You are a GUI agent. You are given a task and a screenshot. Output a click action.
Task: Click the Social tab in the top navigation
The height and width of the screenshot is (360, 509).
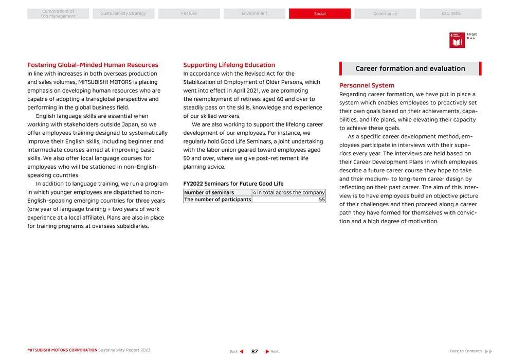click(x=319, y=14)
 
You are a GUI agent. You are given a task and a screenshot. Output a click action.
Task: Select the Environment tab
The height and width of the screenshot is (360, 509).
click(x=254, y=14)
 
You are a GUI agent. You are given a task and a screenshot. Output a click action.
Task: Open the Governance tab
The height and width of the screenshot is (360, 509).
click(x=385, y=14)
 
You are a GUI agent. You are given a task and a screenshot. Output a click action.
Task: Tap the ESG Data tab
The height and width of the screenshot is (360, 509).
click(x=450, y=14)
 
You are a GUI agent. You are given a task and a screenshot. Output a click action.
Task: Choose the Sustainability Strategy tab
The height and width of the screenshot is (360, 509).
click(x=123, y=14)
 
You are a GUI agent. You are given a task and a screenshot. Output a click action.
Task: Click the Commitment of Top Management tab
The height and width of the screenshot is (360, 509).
click(x=58, y=14)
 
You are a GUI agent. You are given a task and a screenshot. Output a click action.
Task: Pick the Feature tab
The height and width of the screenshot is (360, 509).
click(x=189, y=14)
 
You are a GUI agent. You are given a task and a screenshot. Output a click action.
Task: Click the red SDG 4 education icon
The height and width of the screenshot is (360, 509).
click(x=457, y=40)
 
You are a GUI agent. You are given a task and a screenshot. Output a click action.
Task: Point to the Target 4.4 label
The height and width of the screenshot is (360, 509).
click(x=471, y=36)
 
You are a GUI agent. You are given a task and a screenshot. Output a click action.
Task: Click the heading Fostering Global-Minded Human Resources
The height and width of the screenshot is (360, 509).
click(x=93, y=65)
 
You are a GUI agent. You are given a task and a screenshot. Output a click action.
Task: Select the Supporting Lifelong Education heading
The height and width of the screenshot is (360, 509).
click(x=229, y=65)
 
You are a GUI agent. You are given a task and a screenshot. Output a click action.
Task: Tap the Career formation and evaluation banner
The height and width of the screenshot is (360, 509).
click(x=410, y=68)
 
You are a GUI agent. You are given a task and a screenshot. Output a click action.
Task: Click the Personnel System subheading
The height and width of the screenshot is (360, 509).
click(x=367, y=85)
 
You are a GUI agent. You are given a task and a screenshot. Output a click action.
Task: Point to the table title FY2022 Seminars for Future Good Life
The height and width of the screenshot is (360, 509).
click(x=233, y=184)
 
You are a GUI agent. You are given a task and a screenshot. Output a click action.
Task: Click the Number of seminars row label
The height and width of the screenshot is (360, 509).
click(x=209, y=192)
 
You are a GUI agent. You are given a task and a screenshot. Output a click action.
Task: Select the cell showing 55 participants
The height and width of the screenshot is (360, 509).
click(x=321, y=200)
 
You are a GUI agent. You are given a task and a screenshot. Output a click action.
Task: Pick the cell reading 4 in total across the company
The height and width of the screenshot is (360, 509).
click(x=288, y=192)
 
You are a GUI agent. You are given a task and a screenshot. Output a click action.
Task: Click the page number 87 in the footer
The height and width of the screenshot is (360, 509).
click(x=254, y=351)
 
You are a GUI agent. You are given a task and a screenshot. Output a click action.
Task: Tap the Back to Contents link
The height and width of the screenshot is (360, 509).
click(x=466, y=351)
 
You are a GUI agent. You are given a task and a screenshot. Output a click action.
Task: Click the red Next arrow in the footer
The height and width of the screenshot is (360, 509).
click(x=267, y=351)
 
